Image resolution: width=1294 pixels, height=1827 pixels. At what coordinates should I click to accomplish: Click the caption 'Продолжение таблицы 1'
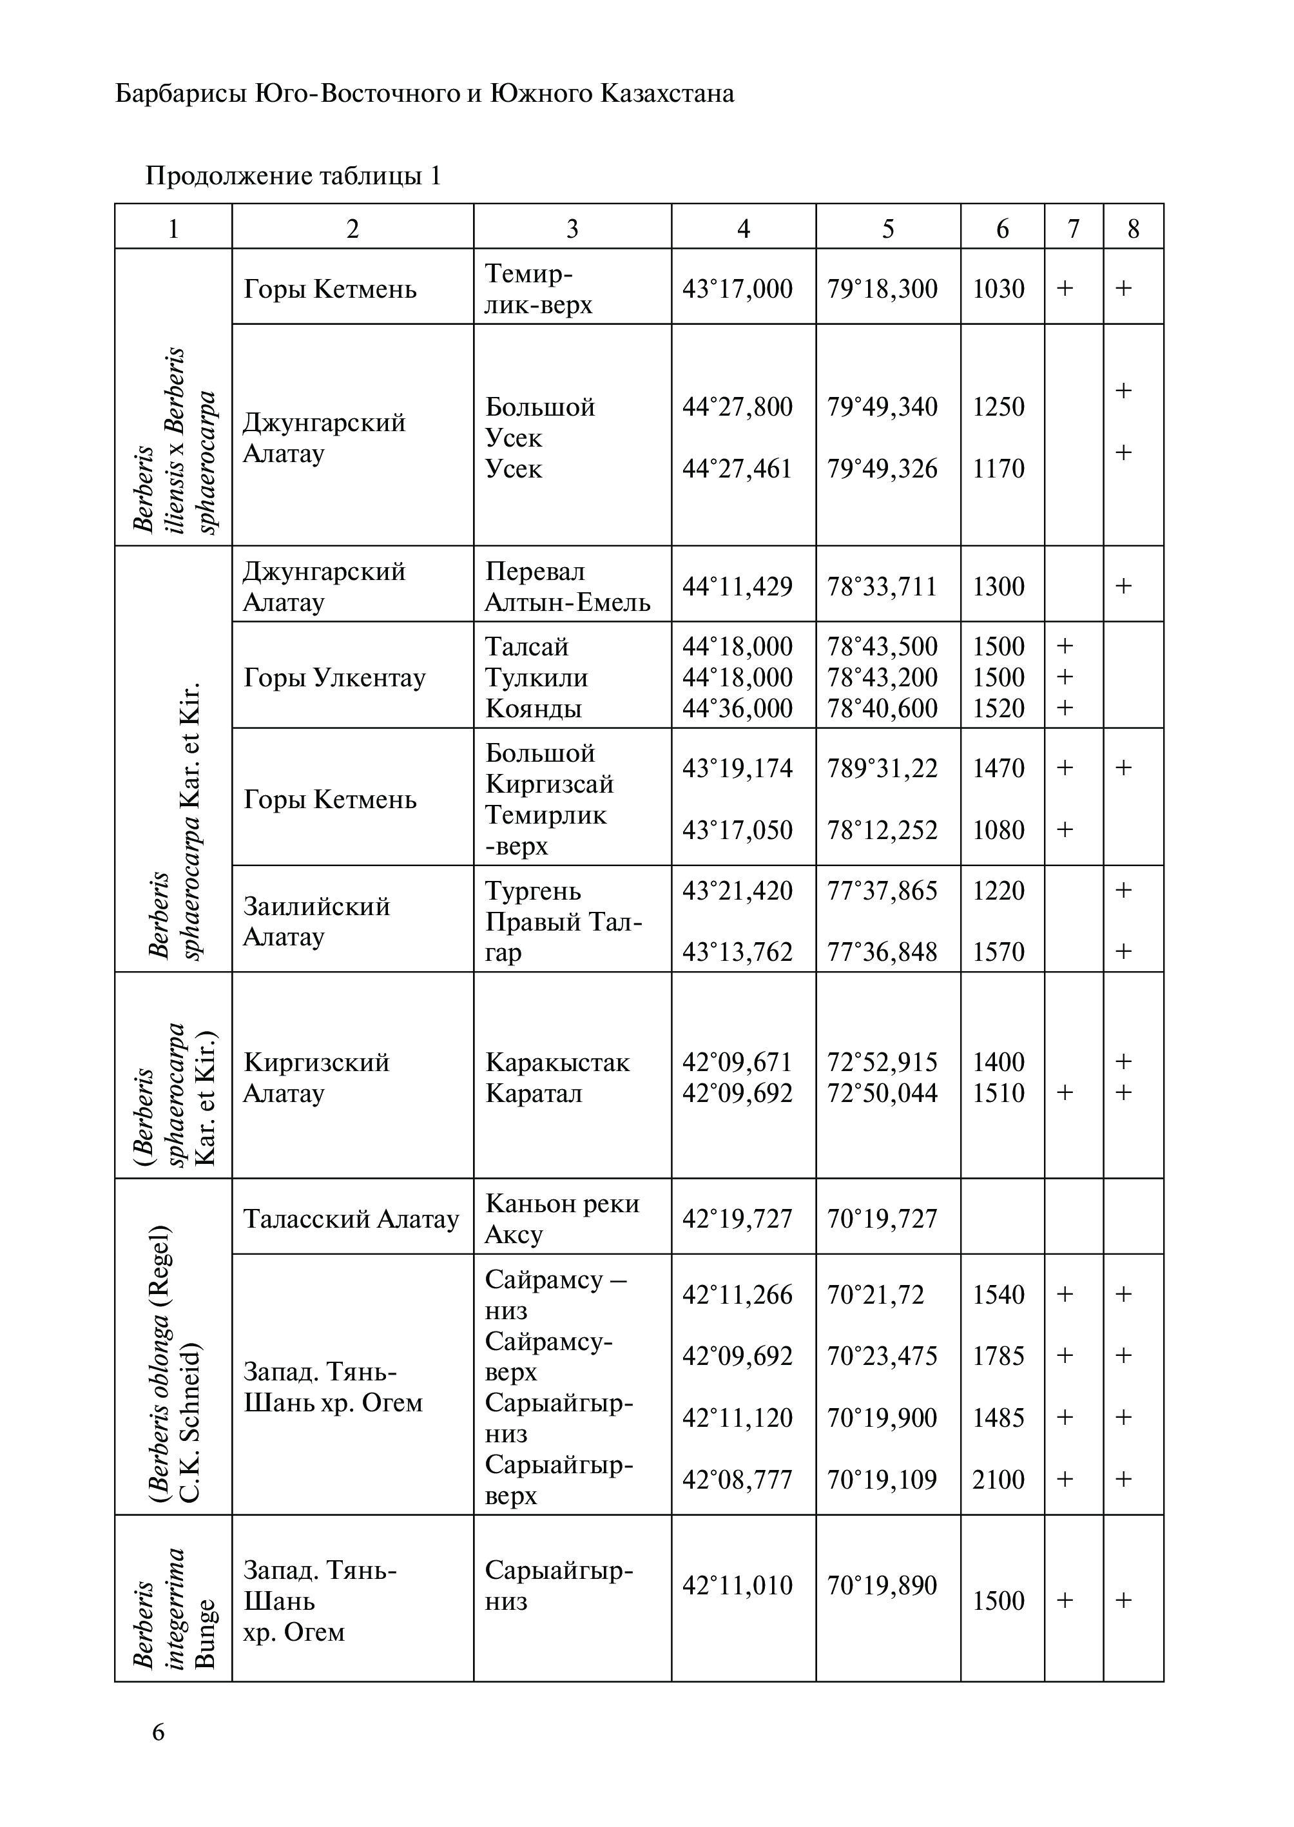(x=293, y=175)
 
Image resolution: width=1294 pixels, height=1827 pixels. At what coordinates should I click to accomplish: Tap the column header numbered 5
(x=887, y=229)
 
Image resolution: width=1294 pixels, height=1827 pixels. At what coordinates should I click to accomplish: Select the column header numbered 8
(x=1133, y=229)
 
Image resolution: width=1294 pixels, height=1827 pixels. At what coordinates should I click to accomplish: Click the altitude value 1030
(x=998, y=289)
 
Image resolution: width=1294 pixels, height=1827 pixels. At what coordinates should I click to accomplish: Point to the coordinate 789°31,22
(x=882, y=768)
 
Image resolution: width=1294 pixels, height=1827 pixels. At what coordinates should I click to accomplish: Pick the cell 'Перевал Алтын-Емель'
(x=567, y=586)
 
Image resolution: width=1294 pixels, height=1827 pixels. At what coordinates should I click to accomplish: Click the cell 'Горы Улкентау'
(x=334, y=677)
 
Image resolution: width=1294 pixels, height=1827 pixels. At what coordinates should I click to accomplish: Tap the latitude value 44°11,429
(x=737, y=586)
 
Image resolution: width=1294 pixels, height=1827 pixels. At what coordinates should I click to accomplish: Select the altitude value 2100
(x=998, y=1480)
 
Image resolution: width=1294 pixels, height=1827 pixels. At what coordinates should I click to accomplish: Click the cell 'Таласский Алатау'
(x=351, y=1218)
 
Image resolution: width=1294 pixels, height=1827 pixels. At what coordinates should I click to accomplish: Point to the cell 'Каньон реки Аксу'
(x=562, y=1218)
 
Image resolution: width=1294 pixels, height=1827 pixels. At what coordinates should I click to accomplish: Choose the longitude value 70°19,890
(x=882, y=1585)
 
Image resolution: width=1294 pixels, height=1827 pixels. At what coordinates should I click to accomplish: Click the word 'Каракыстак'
(x=557, y=1062)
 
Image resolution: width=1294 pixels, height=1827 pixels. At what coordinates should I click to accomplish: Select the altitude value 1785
(x=998, y=1355)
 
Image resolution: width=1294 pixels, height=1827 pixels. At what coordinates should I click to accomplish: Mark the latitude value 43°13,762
(x=737, y=952)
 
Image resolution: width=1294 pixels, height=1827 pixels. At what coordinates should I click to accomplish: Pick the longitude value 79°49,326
(x=882, y=469)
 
